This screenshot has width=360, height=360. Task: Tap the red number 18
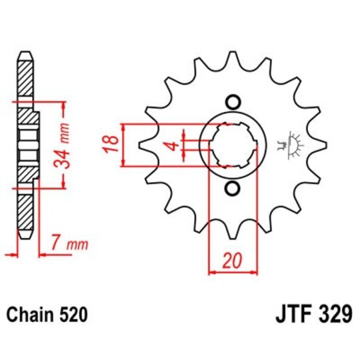click(113, 143)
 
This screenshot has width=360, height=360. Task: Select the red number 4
click(171, 145)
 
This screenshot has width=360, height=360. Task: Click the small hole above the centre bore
click(233, 102)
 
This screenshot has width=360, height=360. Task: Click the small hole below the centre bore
click(233, 188)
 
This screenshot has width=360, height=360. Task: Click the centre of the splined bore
click(233, 145)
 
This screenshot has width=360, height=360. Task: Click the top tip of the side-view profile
click(25, 53)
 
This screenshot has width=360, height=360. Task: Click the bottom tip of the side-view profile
click(25, 237)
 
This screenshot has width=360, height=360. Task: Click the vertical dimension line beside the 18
click(123, 145)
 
